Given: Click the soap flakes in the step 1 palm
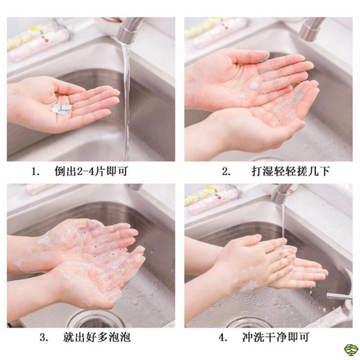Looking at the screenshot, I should [x=61, y=108].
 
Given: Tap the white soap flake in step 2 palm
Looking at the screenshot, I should [x=254, y=85].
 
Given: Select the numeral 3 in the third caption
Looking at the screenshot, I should [x=43, y=338].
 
